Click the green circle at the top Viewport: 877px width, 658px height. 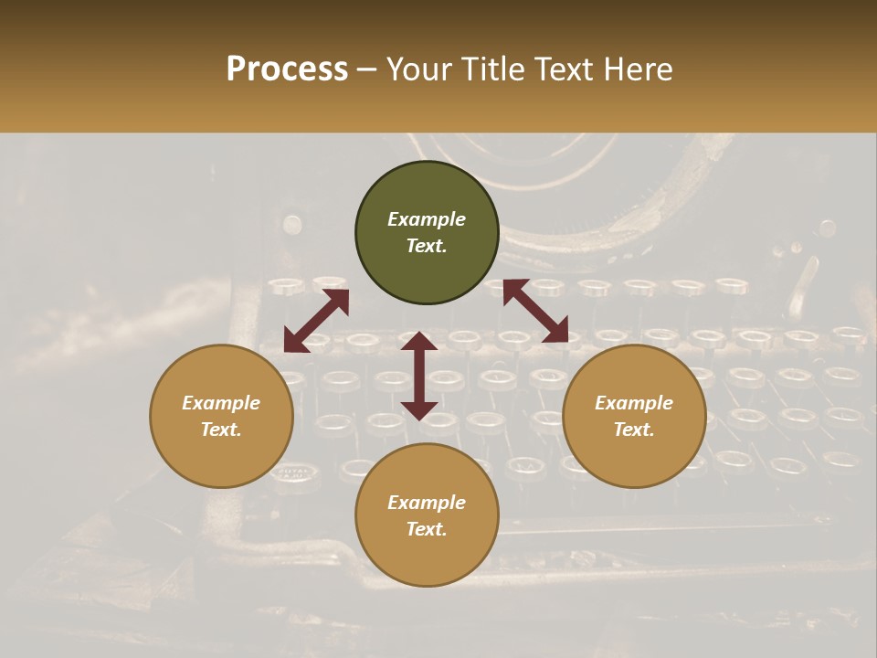tap(427, 233)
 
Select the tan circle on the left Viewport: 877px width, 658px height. tap(221, 416)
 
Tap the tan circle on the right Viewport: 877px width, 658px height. tap(634, 416)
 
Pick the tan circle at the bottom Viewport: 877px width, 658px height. tap(427, 515)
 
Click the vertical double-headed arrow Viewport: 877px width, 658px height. tap(419, 376)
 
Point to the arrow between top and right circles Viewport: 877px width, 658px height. tap(535, 311)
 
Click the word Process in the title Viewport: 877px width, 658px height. tap(287, 69)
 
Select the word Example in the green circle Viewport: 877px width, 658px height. tap(427, 219)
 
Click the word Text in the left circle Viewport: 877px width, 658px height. tap(220, 430)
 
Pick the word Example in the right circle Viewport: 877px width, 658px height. tap(634, 403)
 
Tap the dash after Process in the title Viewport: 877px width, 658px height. tap(367, 69)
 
